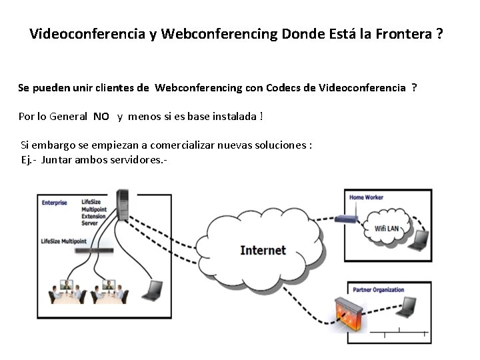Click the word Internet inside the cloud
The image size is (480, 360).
263,251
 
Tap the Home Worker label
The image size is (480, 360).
366,197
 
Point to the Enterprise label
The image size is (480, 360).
55,203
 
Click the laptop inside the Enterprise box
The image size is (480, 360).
153,290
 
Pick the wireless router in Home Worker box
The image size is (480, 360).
347,217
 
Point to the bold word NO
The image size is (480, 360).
101,117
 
